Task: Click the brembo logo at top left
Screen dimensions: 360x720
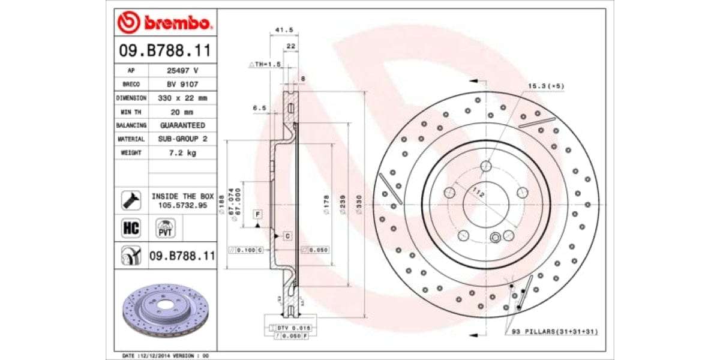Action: pyautogui.click(x=164, y=23)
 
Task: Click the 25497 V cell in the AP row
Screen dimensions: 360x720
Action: pyautogui.click(x=182, y=70)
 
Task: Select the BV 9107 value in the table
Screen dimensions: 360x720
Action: pyautogui.click(x=182, y=84)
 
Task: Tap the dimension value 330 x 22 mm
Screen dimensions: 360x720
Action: pyautogui.click(x=182, y=98)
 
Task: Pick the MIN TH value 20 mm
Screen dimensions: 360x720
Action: pyautogui.click(x=182, y=112)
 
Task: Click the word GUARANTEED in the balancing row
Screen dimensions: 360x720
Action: pyautogui.click(x=182, y=125)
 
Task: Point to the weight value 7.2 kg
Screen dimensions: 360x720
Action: pyautogui.click(x=182, y=153)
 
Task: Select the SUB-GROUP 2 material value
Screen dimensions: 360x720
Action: pyautogui.click(x=182, y=139)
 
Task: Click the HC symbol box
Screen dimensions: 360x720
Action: pyautogui.click(x=131, y=228)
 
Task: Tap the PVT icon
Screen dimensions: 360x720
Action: pyautogui.click(x=165, y=229)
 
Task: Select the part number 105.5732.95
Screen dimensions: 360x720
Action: pyautogui.click(x=182, y=205)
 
